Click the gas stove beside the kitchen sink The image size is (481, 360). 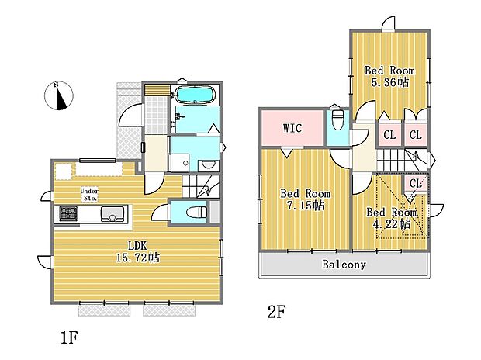pyautogui.click(x=64, y=213)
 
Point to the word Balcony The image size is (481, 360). pyautogui.click(x=344, y=265)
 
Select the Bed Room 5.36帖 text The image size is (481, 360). pyautogui.click(x=389, y=76)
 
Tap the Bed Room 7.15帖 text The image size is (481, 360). pyautogui.click(x=305, y=199)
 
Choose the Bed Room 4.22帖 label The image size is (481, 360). pyautogui.click(x=392, y=218)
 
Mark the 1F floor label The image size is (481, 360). pyautogui.click(x=67, y=339)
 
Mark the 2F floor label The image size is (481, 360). pyautogui.click(x=277, y=313)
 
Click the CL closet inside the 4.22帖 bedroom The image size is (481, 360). pyautogui.click(x=414, y=183)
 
